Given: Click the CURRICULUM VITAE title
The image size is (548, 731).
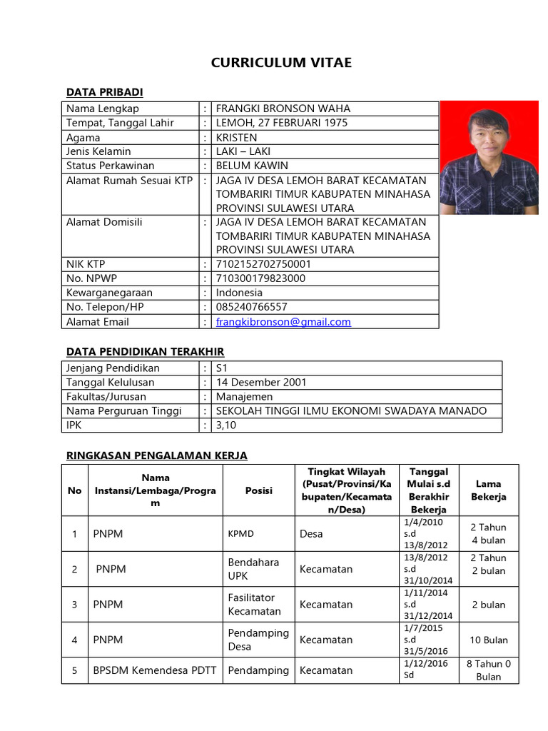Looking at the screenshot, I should tap(281, 63).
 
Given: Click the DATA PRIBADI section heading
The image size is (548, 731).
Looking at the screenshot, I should tap(105, 92).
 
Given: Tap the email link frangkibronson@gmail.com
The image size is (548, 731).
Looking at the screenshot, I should tap(283, 322).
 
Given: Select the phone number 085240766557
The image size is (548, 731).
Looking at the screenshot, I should tap(251, 307).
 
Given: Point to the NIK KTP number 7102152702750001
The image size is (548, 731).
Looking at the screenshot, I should tap(263, 264).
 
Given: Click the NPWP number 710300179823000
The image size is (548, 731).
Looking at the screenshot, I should tap(260, 278).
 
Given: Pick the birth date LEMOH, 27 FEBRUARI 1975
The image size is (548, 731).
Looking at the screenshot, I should tap(282, 123).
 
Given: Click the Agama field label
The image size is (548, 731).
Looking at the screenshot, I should tap(83, 137).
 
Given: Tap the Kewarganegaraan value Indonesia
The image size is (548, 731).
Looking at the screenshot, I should tap(239, 293).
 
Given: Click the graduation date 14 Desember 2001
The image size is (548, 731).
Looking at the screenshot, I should tap(261, 383).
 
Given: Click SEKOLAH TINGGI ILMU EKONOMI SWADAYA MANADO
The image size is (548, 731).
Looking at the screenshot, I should tap(351, 411).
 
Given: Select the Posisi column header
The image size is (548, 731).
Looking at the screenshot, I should tap(259, 490).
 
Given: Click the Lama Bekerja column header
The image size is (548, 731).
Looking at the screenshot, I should tap(489, 490).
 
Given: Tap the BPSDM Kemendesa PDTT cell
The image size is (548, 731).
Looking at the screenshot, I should tap(155, 670).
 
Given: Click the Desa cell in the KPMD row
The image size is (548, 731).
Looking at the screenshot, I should tap(311, 533).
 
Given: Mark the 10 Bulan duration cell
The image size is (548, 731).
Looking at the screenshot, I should tap(489, 640).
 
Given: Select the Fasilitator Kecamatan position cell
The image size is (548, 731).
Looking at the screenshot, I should tap(255, 604).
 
